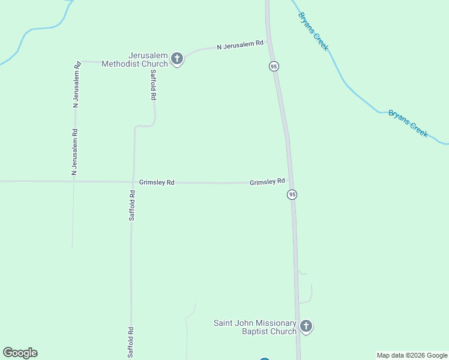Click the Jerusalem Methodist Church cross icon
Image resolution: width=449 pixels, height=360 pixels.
(176, 58)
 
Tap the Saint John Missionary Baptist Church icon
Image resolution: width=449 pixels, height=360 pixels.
(306, 327)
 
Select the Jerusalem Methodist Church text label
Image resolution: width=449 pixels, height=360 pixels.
(134, 59)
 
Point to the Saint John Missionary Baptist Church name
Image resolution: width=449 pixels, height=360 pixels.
(255, 327)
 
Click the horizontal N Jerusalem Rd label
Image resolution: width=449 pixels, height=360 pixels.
(240, 44)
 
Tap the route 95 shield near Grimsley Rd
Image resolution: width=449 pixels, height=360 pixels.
(292, 194)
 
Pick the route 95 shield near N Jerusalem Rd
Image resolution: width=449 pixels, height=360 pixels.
(274, 66)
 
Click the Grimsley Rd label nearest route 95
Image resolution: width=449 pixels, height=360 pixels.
(267, 181)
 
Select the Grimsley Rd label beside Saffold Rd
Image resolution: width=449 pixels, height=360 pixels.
(157, 182)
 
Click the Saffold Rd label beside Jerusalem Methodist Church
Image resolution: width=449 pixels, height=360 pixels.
(154, 85)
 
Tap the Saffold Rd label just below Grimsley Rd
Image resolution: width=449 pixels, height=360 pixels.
(132, 205)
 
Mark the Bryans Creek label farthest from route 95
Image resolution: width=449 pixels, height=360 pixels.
(408, 123)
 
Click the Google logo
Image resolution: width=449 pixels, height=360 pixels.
(20, 353)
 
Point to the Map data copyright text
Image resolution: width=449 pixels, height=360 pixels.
(412, 355)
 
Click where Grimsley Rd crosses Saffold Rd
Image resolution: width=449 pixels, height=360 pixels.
(132, 182)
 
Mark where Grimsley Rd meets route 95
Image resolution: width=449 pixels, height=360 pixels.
(290, 179)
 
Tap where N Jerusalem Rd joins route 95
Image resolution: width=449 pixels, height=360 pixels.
(270, 41)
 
